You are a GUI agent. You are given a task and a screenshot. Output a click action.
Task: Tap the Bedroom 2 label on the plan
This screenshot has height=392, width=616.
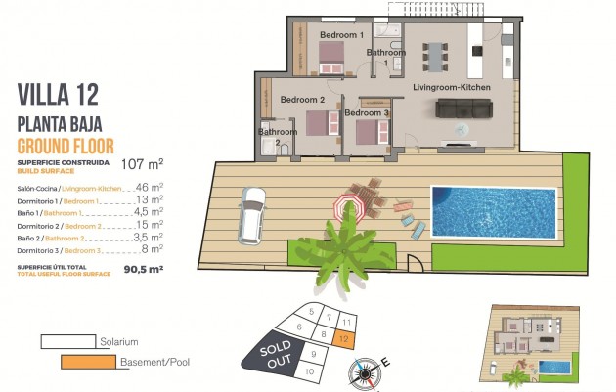pyautogui.click(x=302, y=100)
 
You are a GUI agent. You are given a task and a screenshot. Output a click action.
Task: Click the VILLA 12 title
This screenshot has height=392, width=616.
pyautogui.click(x=58, y=96)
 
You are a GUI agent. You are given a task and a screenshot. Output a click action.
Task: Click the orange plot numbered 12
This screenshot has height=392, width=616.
pyautogui.click(x=344, y=337)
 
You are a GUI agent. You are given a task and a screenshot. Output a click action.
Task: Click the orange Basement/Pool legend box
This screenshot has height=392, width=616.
pyautogui.click(x=85, y=363)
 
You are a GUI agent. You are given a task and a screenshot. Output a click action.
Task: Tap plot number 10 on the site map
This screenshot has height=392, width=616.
pyautogui.click(x=308, y=370)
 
